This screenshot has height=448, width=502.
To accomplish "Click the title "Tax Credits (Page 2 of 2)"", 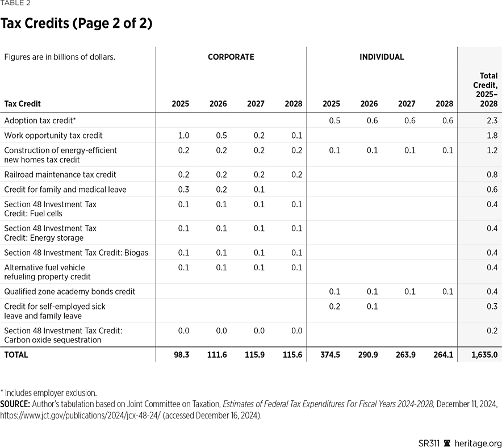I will click(x=76, y=24).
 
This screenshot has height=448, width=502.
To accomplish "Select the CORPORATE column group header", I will click(x=231, y=57).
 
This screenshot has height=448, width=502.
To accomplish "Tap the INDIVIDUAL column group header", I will click(x=382, y=57).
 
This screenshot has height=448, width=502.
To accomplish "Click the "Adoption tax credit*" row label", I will click(x=40, y=120).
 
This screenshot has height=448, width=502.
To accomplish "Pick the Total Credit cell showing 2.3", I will click(x=492, y=120).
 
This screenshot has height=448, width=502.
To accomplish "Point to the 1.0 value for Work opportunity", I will click(x=183, y=135).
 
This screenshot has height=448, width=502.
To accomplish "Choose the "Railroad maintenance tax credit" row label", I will click(x=60, y=174).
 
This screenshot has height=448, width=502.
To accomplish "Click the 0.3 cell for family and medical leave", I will click(x=183, y=189).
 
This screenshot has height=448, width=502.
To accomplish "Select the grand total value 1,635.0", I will click(x=484, y=354).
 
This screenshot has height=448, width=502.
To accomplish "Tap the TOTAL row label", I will click(x=16, y=354).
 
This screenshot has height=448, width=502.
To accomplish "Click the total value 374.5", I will click(x=331, y=354).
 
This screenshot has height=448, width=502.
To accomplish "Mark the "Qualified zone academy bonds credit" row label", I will click(x=70, y=291).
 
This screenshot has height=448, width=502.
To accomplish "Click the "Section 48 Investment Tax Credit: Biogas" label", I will click(x=76, y=252).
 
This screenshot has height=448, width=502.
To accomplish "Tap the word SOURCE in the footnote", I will click(x=15, y=404).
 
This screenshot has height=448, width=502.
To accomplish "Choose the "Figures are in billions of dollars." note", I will click(x=60, y=57).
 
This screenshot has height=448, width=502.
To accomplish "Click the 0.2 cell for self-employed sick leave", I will click(x=334, y=306).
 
